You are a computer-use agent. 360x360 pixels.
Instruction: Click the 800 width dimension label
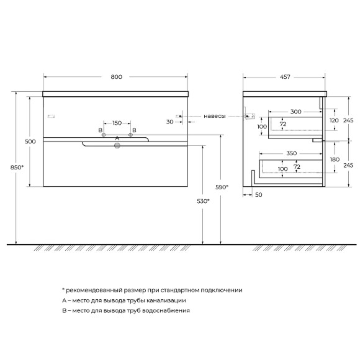pos(116,77)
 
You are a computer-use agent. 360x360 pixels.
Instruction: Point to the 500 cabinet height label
pos(30,142)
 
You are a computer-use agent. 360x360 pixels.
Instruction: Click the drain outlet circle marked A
pos(116,146)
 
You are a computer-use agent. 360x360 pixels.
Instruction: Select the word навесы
pos(215,115)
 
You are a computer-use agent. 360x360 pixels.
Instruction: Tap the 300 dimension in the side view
pos(295,112)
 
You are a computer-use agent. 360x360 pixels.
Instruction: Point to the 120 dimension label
pos(333,120)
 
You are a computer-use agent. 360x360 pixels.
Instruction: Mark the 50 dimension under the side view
pos(259,195)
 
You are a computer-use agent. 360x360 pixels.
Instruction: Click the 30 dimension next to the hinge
pos(170,122)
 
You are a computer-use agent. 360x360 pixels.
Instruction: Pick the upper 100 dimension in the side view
pos(261,127)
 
